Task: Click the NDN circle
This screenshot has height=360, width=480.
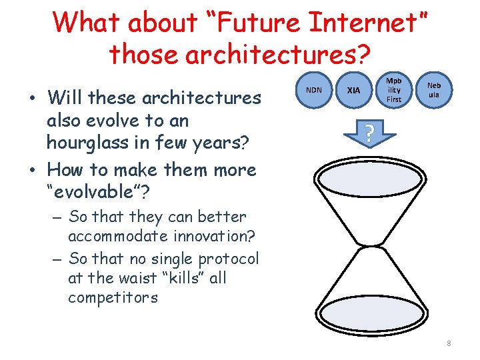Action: click(x=314, y=89)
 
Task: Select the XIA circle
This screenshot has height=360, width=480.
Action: click(x=354, y=89)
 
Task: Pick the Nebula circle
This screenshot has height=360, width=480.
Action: click(x=434, y=89)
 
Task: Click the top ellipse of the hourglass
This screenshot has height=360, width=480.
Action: click(x=369, y=181)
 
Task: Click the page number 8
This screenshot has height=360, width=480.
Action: click(x=449, y=343)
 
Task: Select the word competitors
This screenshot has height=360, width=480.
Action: click(x=113, y=297)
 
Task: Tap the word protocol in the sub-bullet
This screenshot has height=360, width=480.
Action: click(x=227, y=259)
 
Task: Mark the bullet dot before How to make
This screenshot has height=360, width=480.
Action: click(x=32, y=171)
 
